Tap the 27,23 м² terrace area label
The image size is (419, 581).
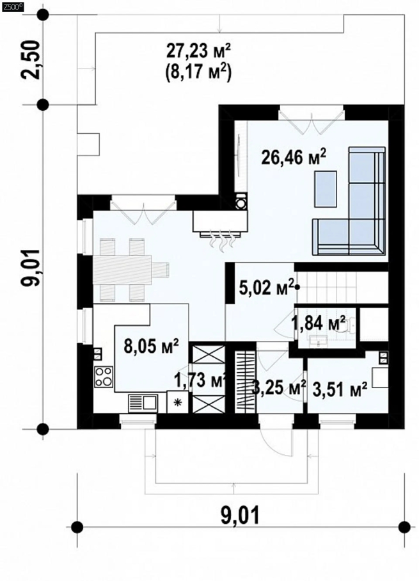pos(198,51)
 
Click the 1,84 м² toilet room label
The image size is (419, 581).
pos(319,323)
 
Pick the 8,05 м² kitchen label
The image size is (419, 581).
pos(151,347)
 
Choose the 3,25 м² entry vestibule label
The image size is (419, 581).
pos(279,388)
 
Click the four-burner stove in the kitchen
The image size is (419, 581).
pos(104,376)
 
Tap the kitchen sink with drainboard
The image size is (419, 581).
pos(143,403)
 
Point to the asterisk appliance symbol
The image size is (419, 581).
pos(178,402)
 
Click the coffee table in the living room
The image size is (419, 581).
pos(326,189)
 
